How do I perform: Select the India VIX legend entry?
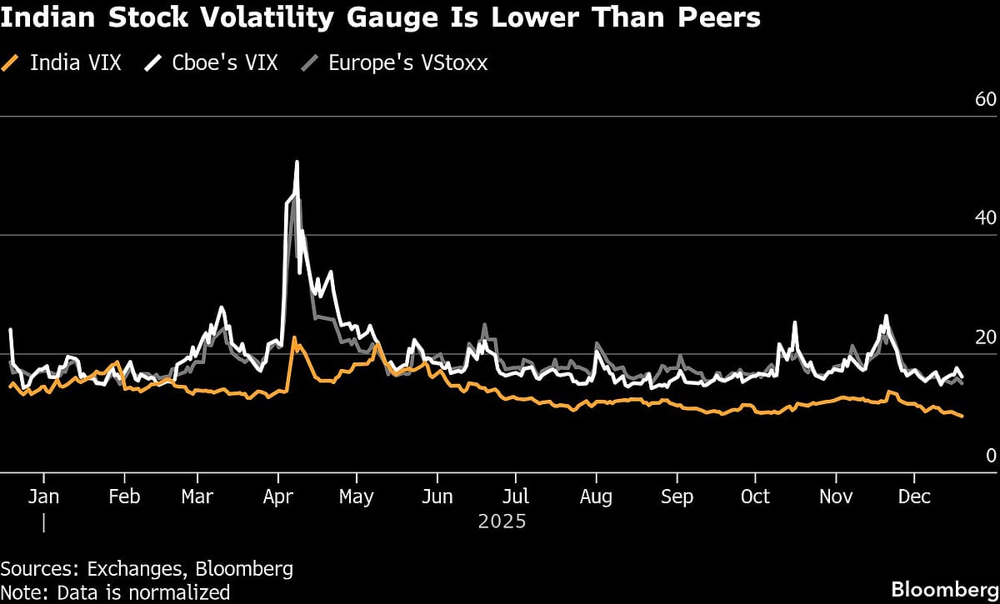[75, 63]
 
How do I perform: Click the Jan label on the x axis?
[43, 497]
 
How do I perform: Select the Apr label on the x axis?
[277, 497]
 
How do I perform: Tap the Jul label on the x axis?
[516, 497]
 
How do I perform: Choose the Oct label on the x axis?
[755, 497]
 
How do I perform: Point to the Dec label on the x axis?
[914, 497]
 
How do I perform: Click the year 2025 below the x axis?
[502, 522]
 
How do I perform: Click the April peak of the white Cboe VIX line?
[297, 162]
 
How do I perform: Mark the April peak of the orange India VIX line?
[294, 338]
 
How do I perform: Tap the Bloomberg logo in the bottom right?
[944, 589]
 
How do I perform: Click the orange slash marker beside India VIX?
[11, 63]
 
